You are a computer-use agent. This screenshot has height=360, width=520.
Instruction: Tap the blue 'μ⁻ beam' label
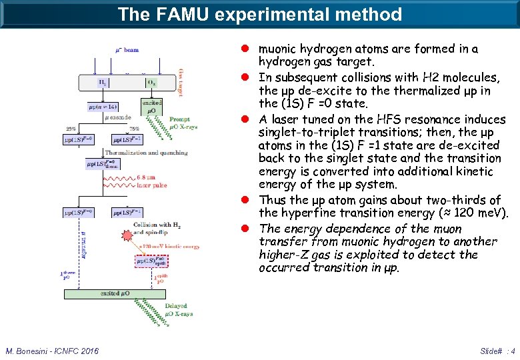(127, 50)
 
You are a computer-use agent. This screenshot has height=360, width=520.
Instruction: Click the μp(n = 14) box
(101, 107)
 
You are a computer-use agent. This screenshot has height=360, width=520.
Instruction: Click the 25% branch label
(71, 129)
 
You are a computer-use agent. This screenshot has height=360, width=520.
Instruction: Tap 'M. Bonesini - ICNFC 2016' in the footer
(52, 351)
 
